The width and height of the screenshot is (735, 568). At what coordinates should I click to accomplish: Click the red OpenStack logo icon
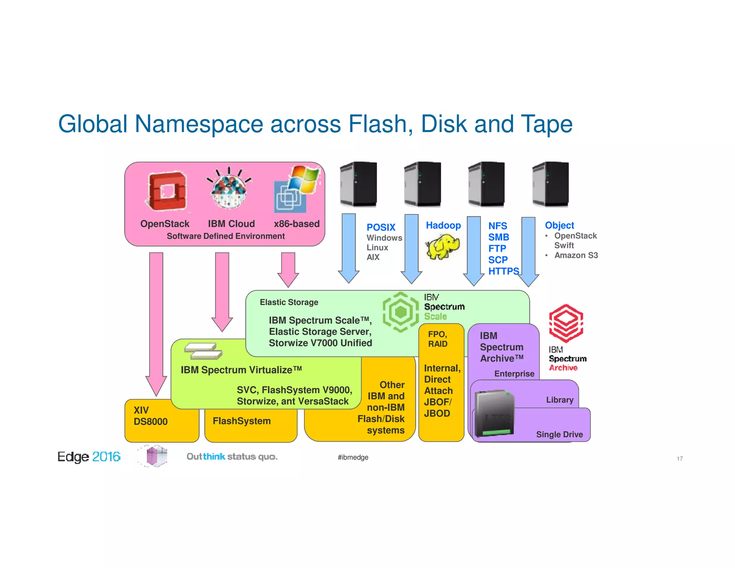coord(166,191)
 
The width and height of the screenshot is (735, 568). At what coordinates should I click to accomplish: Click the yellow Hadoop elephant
coord(443,246)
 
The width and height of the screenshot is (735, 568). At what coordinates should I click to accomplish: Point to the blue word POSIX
coord(381,227)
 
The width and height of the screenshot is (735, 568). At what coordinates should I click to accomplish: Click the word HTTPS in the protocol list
coord(503,271)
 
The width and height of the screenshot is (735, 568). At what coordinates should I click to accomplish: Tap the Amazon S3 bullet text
coord(576,255)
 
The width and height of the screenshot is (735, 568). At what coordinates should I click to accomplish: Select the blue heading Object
coord(559,225)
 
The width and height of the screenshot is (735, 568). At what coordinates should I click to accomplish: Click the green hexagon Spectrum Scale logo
coord(401,312)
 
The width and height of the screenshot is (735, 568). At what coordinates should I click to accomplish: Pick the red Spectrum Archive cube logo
coord(566,323)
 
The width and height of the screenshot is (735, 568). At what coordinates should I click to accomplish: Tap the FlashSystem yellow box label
coord(242,421)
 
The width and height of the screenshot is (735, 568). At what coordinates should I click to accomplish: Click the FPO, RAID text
coord(437,339)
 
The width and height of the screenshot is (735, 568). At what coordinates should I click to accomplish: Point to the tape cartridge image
coord(494,413)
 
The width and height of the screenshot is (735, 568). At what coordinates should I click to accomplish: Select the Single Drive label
coord(559,434)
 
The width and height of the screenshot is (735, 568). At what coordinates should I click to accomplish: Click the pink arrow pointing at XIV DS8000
coord(156,323)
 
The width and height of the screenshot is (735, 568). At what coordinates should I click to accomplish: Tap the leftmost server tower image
coord(358,184)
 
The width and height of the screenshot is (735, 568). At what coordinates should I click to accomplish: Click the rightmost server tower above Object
coord(550,184)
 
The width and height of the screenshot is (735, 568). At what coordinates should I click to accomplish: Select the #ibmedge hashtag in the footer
coord(353,457)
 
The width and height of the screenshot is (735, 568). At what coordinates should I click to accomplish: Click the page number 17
coord(679,458)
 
